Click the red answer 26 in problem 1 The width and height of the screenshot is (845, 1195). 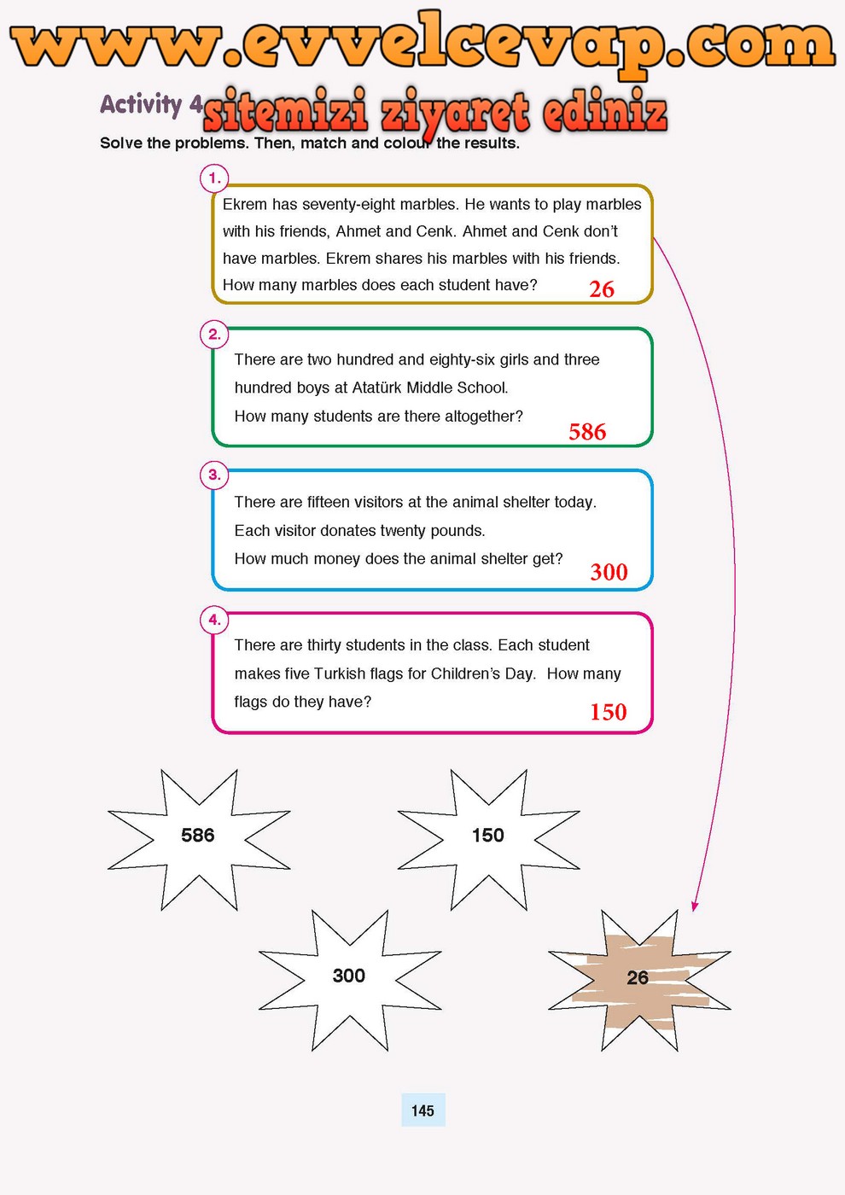coord(602,289)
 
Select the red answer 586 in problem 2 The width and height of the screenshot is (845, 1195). coord(587,432)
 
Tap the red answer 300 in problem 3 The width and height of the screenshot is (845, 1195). coord(609,572)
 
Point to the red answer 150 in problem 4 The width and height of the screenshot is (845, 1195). coord(608,712)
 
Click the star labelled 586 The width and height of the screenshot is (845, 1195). coord(198,836)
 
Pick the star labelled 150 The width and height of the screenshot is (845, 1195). coord(488,836)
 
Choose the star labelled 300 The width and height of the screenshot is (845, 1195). coord(349,976)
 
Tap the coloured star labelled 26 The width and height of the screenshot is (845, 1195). coord(638,978)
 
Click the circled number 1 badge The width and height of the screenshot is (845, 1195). coord(214,178)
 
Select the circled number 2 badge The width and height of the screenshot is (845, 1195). coord(214,335)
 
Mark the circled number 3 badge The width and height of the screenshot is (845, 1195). coord(214,475)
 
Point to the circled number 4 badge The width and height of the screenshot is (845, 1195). coord(214,620)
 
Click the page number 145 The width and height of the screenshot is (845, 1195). coord(422,1110)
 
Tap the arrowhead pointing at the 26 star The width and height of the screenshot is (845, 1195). coord(695,906)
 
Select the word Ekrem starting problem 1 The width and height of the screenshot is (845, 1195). coord(244,205)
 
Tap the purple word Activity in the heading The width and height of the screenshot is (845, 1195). coord(141,104)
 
